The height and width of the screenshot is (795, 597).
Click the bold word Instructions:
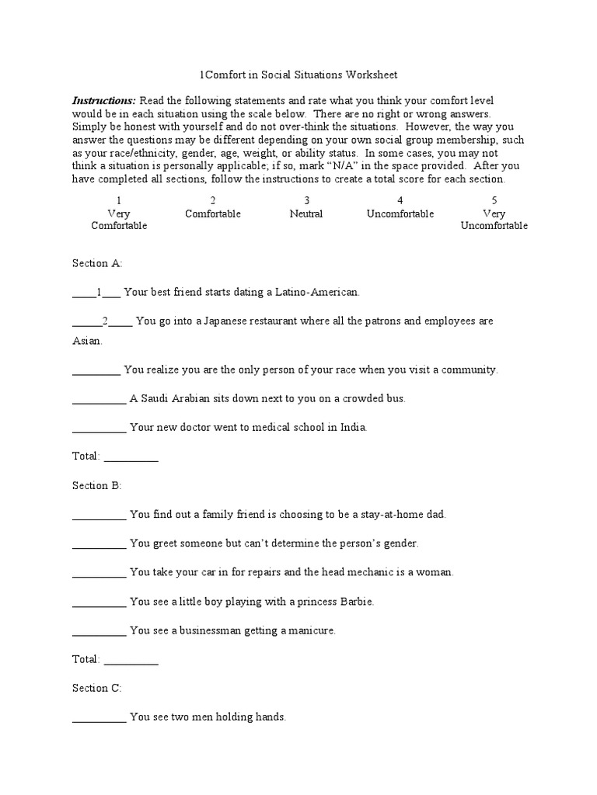(103, 101)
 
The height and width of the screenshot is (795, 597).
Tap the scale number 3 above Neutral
(306, 200)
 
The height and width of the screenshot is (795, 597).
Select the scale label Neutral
(306, 214)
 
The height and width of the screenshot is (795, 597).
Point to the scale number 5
(494, 200)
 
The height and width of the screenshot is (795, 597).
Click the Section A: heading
(97, 263)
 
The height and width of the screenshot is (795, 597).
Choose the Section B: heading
(97, 485)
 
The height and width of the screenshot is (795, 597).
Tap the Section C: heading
(97, 688)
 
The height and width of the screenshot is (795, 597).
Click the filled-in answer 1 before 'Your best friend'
(99, 293)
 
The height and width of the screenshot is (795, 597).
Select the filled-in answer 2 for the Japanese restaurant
(105, 321)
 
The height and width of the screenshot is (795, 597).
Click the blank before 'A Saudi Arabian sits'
(99, 399)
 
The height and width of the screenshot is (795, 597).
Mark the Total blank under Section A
(131, 457)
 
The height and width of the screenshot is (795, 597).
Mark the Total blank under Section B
(131, 660)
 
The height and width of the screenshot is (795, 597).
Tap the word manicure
(311, 630)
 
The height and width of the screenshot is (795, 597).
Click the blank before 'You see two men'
(99, 718)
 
